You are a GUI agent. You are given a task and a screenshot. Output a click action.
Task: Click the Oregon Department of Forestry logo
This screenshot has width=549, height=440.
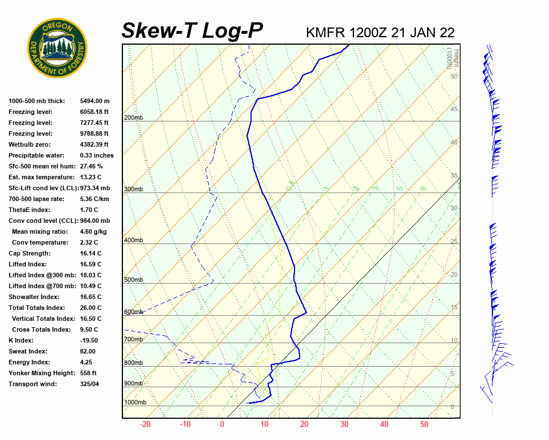57,48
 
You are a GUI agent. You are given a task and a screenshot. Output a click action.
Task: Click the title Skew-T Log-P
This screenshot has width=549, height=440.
192,31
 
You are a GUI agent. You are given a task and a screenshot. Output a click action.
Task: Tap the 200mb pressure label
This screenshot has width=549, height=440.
133,118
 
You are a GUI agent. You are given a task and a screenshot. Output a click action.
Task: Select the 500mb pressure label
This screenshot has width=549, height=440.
133,280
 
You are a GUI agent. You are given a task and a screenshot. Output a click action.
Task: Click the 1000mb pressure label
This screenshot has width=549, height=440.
135,403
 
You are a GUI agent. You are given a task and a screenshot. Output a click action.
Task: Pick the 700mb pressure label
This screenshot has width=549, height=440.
133,340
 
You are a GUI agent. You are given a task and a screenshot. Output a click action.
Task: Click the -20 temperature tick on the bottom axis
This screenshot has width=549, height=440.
145,425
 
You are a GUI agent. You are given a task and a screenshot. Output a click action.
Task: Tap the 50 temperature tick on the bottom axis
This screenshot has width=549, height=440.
424,425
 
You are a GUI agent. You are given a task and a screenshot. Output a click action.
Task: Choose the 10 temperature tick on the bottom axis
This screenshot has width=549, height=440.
264,425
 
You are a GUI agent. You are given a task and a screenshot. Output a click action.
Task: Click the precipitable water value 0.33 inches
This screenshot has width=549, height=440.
97,155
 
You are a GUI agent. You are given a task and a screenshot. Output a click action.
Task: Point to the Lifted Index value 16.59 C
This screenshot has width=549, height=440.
90,264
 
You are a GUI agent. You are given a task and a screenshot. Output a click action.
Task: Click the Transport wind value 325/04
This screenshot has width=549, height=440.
90,384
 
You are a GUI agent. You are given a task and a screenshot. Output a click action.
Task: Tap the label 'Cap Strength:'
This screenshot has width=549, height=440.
29,253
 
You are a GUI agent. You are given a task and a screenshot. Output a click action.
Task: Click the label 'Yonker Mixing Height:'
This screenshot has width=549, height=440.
42,373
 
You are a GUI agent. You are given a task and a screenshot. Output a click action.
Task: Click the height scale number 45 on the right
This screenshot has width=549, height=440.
454,109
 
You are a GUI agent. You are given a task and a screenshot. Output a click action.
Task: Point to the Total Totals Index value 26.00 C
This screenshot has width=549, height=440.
90,308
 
